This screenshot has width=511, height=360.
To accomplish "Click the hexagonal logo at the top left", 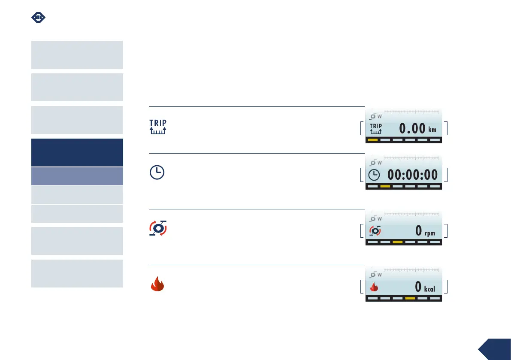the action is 39,18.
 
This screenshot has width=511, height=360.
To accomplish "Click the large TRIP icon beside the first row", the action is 157,127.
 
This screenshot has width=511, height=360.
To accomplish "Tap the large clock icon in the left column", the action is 157,172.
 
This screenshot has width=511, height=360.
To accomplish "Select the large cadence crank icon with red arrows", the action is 157,228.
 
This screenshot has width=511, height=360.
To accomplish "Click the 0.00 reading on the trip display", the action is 412,128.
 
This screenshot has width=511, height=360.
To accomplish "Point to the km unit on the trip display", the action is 432,130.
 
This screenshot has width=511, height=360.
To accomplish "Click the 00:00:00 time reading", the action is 413,175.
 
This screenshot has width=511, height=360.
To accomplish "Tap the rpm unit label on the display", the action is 429,233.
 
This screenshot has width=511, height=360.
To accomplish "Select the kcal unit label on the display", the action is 429,289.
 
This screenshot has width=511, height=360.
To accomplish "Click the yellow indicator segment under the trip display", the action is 373,140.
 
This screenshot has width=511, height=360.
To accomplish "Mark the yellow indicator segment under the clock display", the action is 385,186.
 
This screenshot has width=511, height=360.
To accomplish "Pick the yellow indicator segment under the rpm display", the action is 398,242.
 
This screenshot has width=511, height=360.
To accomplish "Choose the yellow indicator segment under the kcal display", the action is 410,298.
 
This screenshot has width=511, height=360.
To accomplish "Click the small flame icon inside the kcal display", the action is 375,287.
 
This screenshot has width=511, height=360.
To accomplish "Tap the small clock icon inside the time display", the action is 375,175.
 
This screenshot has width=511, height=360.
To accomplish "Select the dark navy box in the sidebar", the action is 77,152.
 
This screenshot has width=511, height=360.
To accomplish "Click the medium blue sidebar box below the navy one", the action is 77,176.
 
